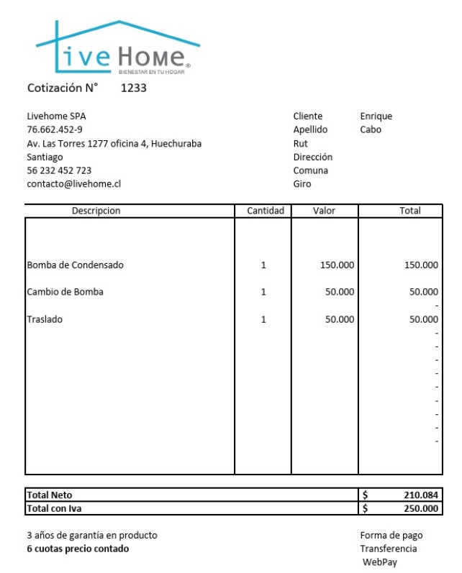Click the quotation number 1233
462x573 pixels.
point(134,89)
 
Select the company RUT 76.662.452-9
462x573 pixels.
point(55,129)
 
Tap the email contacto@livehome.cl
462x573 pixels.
point(74,184)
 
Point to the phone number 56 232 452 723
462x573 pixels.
point(59,170)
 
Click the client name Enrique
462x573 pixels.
point(376,116)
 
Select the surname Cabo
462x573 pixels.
point(371,129)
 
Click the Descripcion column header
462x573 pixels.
point(96,211)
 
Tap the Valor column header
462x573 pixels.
point(325,211)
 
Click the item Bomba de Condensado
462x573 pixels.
point(75,265)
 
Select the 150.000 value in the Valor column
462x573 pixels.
point(337,265)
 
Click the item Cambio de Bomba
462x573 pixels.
point(65,292)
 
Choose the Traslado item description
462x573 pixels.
point(45,319)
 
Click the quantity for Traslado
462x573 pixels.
point(263,319)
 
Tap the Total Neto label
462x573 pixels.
point(50,495)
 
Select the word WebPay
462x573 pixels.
point(380,562)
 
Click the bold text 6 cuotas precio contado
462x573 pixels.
point(78,549)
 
